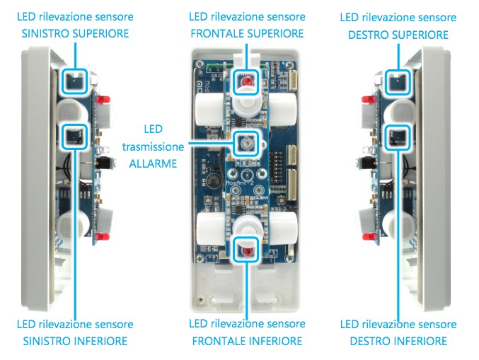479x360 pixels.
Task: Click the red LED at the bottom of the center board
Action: click(x=246, y=251)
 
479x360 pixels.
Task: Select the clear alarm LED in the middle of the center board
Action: click(x=246, y=144)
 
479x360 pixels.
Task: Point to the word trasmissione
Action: click(x=153, y=146)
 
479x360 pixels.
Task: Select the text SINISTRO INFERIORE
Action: click(x=75, y=342)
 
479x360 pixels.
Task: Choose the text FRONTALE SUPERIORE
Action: click(x=247, y=34)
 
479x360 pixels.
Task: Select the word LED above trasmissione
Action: click(x=153, y=129)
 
